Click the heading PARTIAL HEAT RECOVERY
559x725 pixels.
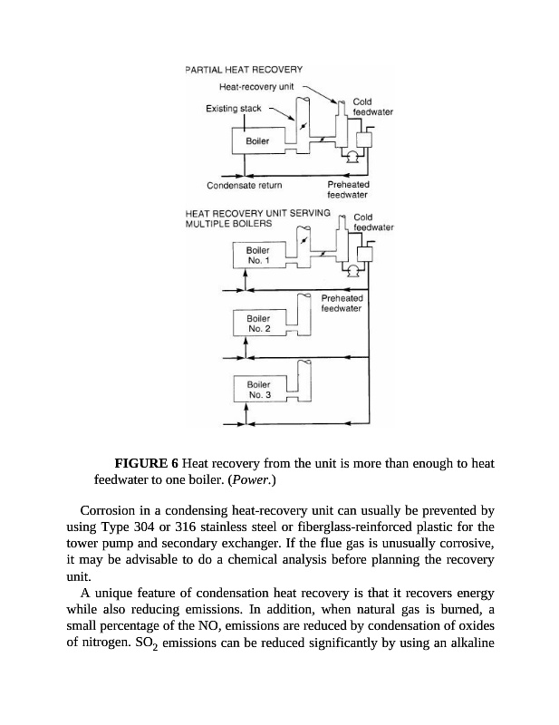(x=244, y=70)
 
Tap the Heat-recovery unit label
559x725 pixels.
(x=258, y=87)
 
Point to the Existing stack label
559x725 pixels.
(x=234, y=109)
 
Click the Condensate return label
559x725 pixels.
(x=245, y=186)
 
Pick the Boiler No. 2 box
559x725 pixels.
(x=258, y=324)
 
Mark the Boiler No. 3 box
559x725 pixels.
(x=258, y=390)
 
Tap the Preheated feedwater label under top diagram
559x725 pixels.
(x=347, y=189)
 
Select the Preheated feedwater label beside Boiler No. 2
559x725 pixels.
(x=342, y=303)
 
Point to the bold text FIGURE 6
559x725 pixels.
(x=140, y=464)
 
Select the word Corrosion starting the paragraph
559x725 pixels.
(x=110, y=510)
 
